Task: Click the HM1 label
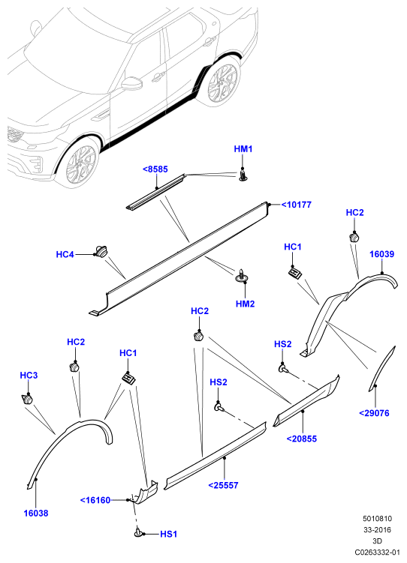(x=243, y=148)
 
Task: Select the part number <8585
(x=155, y=169)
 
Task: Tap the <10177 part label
(x=297, y=205)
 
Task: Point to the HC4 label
(x=65, y=255)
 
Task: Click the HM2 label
(x=246, y=304)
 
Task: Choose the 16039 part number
(x=381, y=254)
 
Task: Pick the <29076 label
(x=374, y=413)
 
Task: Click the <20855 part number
(x=302, y=439)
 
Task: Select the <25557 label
(x=223, y=486)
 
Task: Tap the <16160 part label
(x=95, y=500)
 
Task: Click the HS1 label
(x=169, y=535)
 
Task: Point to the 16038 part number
(x=36, y=514)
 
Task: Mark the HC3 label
(x=29, y=376)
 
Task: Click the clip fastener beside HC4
(x=101, y=251)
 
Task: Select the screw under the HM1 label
(x=243, y=175)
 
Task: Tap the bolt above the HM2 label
(x=242, y=274)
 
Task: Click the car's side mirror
(x=131, y=83)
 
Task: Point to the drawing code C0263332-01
(x=377, y=552)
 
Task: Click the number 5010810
(x=377, y=519)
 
